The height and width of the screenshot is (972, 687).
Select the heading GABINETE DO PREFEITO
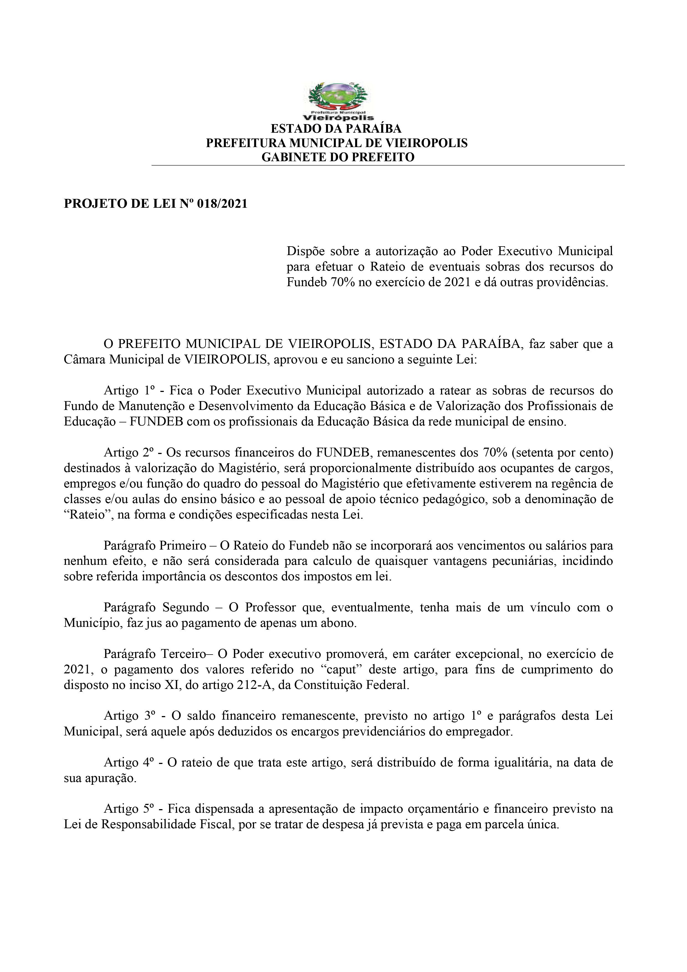point(338,157)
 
